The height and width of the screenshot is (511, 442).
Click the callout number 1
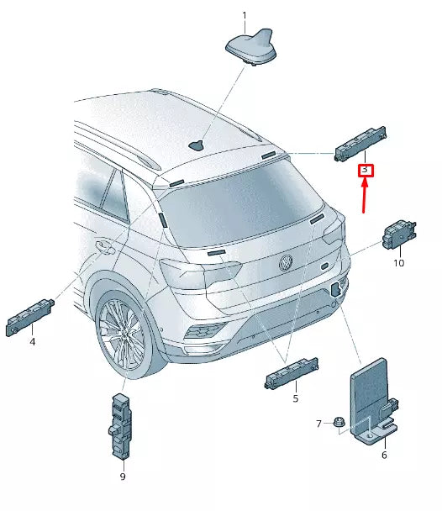[245, 15]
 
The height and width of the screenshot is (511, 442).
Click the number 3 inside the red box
[366, 171]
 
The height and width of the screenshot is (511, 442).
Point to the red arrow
[364, 196]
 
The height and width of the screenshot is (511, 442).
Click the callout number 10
[398, 263]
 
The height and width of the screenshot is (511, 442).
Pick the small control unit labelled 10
[397, 236]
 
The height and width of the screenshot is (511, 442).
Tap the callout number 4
[32, 342]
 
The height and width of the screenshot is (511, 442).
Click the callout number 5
[295, 398]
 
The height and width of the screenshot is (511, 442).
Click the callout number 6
[384, 455]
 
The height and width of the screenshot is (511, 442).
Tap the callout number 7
[318, 423]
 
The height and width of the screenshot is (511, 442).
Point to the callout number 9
[122, 477]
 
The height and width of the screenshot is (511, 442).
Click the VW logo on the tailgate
[286, 263]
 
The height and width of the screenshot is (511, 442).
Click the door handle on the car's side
[105, 248]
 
